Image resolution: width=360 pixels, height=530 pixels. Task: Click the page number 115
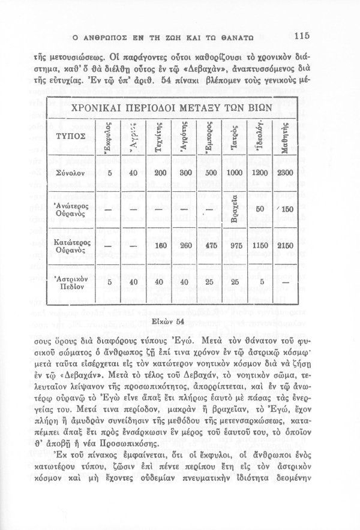(x=298, y=34)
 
